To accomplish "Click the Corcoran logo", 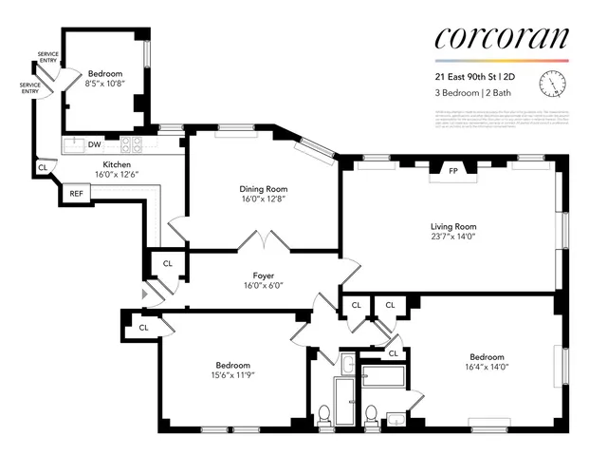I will (501, 38).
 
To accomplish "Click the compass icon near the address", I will (551, 85).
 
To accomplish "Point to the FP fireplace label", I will (453, 172).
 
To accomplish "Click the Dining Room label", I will (262, 189).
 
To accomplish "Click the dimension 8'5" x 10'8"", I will (105, 85).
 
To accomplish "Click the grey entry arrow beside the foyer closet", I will (144, 294).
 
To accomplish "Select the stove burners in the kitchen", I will (131, 145).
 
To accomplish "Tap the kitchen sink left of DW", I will (72, 145).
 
